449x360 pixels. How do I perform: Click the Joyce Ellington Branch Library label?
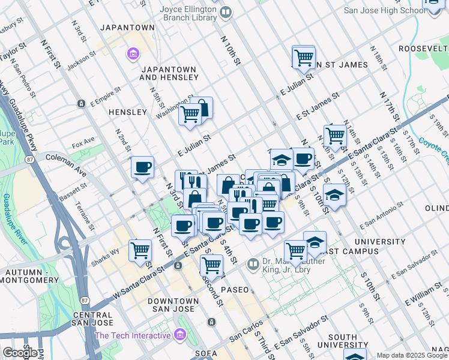point(188,13)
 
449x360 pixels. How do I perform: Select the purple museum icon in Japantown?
point(132,55)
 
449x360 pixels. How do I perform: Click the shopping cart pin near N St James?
point(304,58)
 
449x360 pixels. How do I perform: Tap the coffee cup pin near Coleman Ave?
point(142,167)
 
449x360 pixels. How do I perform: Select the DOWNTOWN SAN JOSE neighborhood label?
point(173,304)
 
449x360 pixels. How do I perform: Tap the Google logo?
point(20,353)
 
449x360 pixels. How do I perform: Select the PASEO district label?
point(234,290)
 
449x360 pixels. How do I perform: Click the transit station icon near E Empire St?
point(81,104)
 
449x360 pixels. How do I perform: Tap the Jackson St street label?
point(82,62)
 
